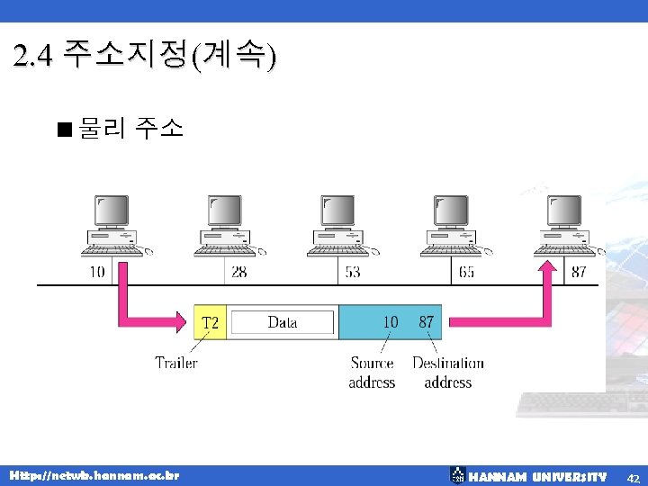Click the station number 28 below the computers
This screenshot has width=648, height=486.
(239, 272)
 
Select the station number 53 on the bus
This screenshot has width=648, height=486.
(352, 272)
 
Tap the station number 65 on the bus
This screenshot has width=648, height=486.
(466, 272)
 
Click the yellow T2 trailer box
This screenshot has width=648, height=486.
(211, 322)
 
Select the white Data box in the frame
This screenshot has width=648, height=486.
(282, 322)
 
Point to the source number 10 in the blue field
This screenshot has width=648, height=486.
(391, 321)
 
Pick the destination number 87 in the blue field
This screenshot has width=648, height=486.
(427, 321)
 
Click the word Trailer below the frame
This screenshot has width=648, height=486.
(176, 363)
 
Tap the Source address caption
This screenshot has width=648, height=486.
(372, 373)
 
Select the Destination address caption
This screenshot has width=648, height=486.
(447, 373)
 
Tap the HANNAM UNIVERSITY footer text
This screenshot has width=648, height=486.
(538, 476)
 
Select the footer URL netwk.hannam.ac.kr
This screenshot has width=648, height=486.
(94, 475)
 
